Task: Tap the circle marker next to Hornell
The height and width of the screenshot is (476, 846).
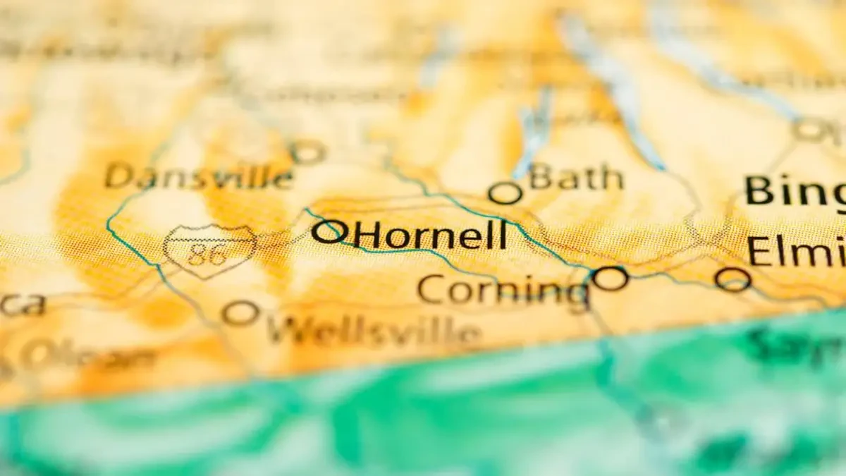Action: coord(329,231)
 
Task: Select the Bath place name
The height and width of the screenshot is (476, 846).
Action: coord(577,177)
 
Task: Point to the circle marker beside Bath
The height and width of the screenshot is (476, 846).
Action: coord(505,193)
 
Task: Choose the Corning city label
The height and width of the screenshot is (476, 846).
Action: coord(503,290)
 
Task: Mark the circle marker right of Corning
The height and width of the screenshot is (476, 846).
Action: coord(610,278)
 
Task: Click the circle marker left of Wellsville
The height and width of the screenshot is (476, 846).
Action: coord(240,312)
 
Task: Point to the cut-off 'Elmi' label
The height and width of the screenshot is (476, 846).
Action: coord(796,251)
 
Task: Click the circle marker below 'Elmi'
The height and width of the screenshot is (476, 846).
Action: coord(732,279)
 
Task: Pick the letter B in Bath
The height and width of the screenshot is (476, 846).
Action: coord(541,176)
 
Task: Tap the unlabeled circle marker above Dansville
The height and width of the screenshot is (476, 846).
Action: coord(307,151)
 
